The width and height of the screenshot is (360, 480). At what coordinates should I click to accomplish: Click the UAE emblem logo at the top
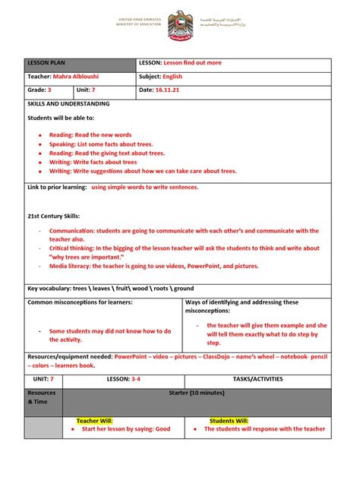[x=179, y=23]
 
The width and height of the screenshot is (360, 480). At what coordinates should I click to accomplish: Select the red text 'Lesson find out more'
[x=192, y=63]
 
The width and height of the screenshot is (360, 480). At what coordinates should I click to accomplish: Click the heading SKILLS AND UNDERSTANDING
[x=68, y=103]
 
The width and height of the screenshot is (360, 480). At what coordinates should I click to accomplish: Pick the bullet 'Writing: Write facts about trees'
[x=93, y=162]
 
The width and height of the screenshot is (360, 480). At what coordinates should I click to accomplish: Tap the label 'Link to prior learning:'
[x=56, y=187]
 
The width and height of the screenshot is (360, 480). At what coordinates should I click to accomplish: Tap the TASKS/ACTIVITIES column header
[x=257, y=378]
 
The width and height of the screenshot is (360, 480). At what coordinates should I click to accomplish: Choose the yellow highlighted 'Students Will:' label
[x=229, y=420]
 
